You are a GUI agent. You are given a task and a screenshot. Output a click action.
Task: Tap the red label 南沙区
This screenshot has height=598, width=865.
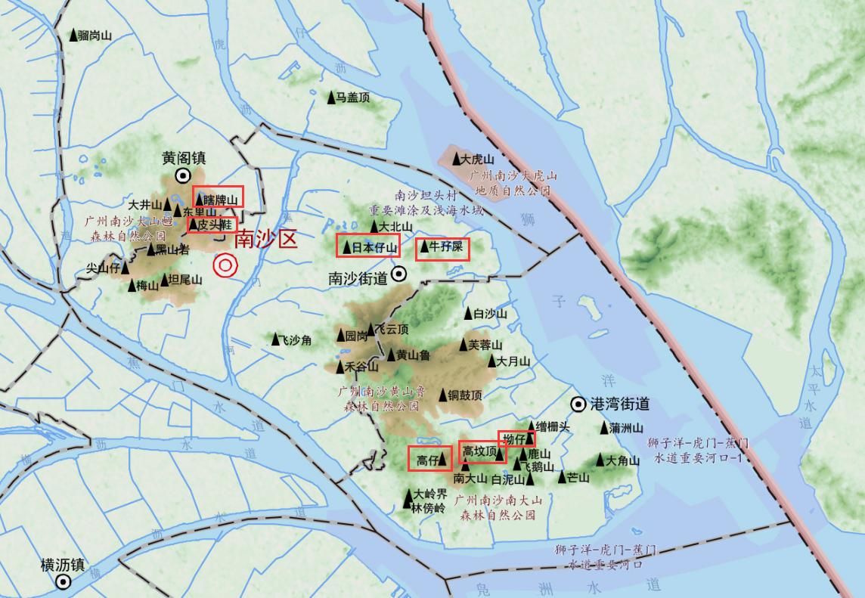[x=265, y=240]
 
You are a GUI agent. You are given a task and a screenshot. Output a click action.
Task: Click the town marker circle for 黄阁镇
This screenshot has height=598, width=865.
[x=183, y=175]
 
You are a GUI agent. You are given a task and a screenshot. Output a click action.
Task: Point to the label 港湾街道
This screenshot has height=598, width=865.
[x=620, y=404]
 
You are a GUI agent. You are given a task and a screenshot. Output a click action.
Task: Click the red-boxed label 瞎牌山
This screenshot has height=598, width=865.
[x=218, y=199]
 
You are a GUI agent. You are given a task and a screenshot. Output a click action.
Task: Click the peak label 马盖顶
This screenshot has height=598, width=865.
[x=352, y=98]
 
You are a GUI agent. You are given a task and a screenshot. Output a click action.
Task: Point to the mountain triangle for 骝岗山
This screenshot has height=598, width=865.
[x=74, y=35]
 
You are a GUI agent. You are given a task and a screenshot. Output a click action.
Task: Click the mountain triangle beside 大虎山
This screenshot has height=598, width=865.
[x=457, y=159]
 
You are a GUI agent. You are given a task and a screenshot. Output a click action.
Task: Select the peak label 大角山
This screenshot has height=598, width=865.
[x=622, y=460]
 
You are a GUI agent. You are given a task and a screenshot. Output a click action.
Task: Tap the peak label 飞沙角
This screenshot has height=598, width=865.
[x=295, y=340]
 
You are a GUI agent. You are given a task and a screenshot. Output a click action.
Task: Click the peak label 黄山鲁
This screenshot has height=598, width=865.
[x=413, y=355]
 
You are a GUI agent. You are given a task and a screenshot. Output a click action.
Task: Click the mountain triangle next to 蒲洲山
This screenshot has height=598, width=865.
[x=604, y=428]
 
